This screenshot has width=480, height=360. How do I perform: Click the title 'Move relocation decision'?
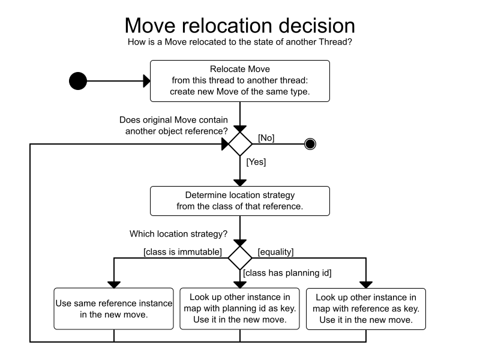(239, 25)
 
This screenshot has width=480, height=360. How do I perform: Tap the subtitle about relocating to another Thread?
(239, 42)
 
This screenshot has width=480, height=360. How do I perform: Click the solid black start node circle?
(78, 81)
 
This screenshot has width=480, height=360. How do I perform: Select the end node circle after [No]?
(310, 144)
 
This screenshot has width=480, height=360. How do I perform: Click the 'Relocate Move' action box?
(240, 81)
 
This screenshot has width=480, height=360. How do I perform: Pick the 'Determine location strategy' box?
(240, 201)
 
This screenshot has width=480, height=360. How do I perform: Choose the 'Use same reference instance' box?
(113, 308)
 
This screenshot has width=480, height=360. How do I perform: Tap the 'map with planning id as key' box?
(239, 308)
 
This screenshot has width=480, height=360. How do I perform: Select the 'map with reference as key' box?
(366, 309)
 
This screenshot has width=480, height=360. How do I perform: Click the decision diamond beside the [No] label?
(240, 144)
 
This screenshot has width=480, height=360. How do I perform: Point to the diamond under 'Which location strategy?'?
(240, 258)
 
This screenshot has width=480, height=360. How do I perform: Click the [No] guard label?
(266, 138)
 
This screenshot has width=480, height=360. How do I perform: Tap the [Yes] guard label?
(256, 162)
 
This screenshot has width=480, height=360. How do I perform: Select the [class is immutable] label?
(182, 252)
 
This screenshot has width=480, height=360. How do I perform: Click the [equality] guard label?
(275, 252)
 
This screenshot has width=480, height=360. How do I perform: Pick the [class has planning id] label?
(287, 273)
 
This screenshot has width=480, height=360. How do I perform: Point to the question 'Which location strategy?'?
(178, 234)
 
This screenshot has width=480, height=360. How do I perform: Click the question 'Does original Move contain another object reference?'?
(173, 125)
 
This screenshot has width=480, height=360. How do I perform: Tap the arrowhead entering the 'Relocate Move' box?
(146, 81)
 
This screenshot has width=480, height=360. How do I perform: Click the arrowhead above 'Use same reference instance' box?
(114, 284)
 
